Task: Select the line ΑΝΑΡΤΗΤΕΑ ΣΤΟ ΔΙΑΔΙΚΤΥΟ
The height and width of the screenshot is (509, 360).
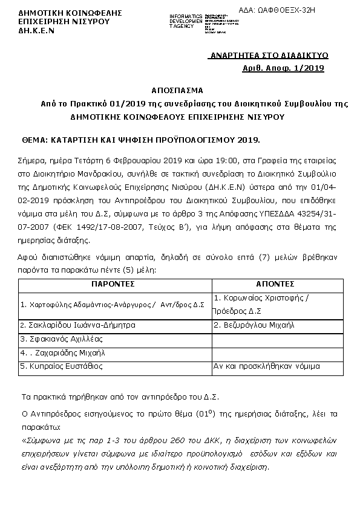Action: point(266,56)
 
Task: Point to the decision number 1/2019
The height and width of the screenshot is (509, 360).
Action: point(309,68)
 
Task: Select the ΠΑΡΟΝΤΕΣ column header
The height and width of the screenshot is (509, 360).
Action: point(114,284)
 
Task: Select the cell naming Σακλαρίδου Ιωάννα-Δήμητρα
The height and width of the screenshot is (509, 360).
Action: point(77,325)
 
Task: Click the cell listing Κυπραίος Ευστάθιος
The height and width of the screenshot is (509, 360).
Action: point(62,366)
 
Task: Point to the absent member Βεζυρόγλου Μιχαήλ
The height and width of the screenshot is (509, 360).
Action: point(254,325)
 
